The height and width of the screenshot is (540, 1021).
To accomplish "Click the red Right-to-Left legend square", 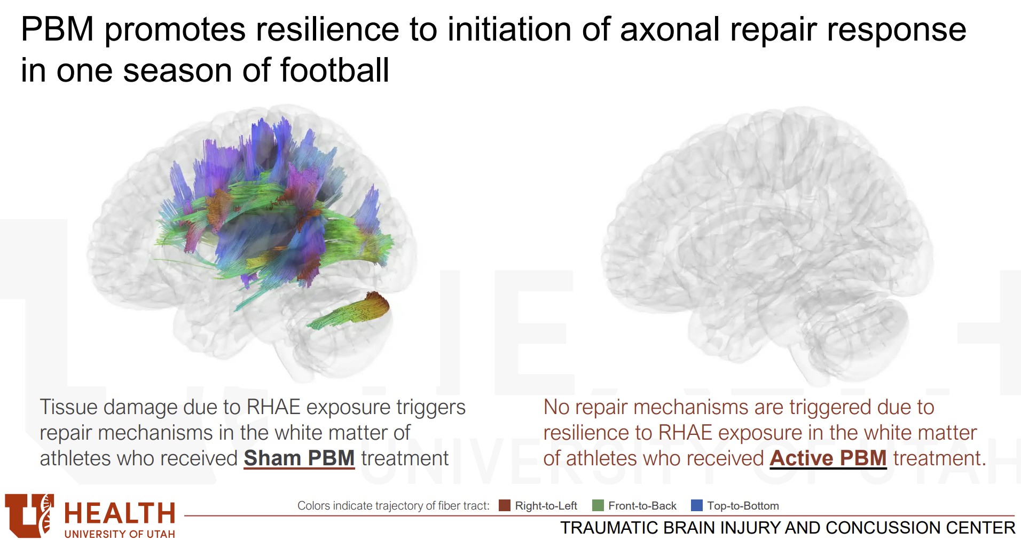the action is point(505,505).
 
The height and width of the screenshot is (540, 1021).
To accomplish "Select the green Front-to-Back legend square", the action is point(598,505).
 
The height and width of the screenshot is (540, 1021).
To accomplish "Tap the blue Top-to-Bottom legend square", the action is point(697,505).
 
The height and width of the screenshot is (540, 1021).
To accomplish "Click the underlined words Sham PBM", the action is point(299,458).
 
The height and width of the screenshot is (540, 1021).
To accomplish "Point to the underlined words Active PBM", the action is point(828,458).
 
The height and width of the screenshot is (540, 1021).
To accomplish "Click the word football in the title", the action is point(334,70).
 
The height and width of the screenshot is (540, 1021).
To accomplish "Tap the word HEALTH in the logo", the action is point(120,513).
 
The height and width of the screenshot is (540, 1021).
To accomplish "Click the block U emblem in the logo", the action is point(29,515).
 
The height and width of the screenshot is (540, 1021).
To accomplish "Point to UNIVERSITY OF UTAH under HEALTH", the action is point(120,534).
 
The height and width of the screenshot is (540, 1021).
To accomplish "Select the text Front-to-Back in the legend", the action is point(642,506).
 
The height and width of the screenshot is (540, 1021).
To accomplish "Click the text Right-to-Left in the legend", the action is point(546,506).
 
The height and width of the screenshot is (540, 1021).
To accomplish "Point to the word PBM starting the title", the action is point(57,29).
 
